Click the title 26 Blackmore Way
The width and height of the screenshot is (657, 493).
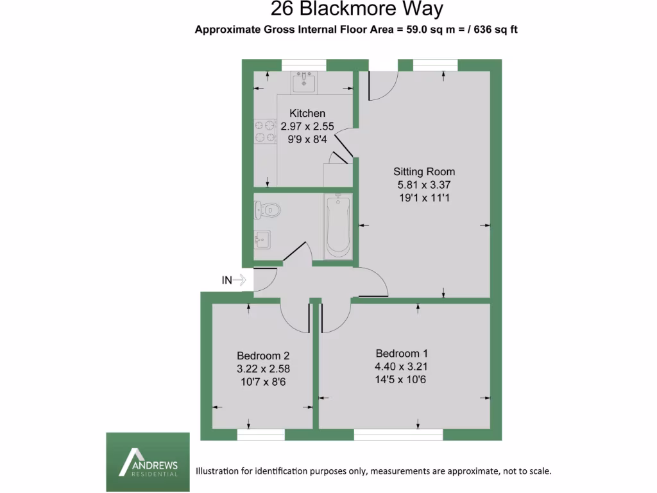(357, 9)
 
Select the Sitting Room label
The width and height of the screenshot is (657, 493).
(424, 171)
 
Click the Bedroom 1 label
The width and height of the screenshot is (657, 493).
(402, 353)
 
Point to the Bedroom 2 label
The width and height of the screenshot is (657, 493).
(263, 356)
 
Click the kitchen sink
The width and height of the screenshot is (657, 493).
(304, 82)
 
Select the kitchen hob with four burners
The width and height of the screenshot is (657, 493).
(261, 131)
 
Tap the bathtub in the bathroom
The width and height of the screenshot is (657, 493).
(337, 227)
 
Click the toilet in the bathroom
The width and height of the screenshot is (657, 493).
(266, 209)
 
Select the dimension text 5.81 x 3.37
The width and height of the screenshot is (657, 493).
(424, 185)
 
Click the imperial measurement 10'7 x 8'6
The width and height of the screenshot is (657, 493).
(263, 381)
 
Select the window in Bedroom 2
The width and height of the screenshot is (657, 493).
(260, 435)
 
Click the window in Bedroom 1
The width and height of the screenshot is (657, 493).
(398, 435)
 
